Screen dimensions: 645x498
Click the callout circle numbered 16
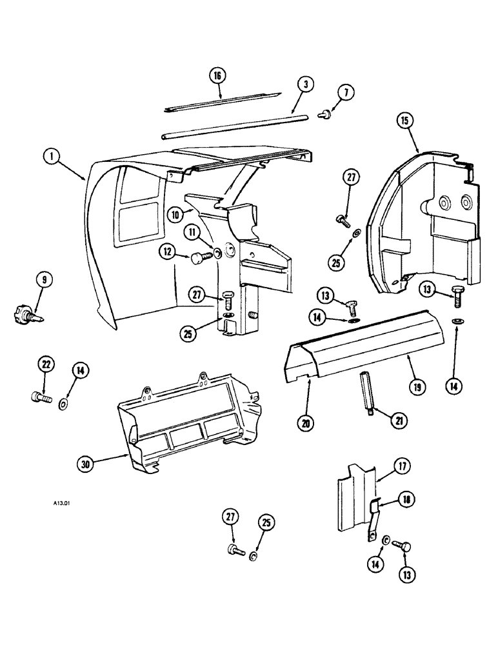point(217,75)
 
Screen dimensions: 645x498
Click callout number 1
point(49,155)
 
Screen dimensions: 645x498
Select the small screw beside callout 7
point(326,115)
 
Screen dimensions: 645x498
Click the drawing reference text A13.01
point(58,506)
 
